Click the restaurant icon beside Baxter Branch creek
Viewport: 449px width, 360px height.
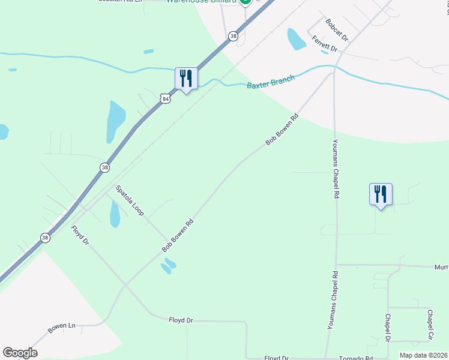coord(186,79)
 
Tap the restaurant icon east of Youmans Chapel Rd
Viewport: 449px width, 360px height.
coord(381,194)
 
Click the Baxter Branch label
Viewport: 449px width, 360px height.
coord(271,82)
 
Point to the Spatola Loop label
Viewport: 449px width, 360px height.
coord(129,201)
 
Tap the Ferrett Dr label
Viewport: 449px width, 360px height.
coord(325,43)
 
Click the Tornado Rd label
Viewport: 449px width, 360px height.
coord(357,358)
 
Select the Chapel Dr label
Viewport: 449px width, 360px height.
coord(388,328)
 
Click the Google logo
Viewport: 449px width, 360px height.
coord(20,353)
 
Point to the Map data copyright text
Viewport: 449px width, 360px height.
coord(424,355)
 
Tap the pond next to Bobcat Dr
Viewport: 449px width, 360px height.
coord(296,39)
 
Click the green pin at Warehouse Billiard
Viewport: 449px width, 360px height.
coord(245,2)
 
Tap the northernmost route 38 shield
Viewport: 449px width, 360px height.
coord(233,37)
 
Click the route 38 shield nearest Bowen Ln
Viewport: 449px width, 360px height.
coord(45,238)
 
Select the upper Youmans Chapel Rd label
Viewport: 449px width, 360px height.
coord(336,170)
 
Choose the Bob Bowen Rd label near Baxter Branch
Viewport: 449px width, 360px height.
coord(282,130)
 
